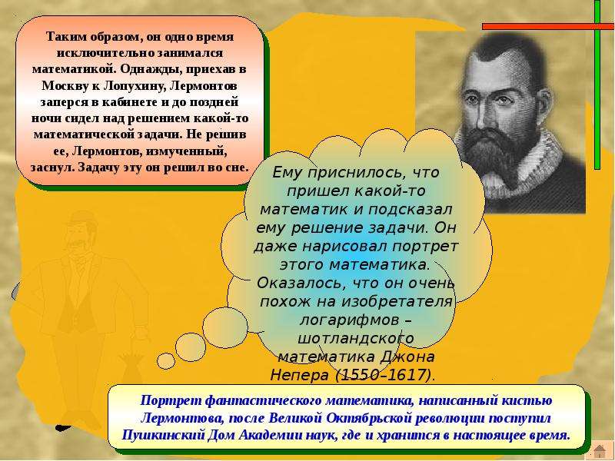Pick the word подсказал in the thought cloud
[411, 209]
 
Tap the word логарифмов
[349, 320]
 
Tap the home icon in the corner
[600, 451]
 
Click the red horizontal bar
[548, 26]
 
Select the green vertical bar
[597, 85]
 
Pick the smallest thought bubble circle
[166, 361]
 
